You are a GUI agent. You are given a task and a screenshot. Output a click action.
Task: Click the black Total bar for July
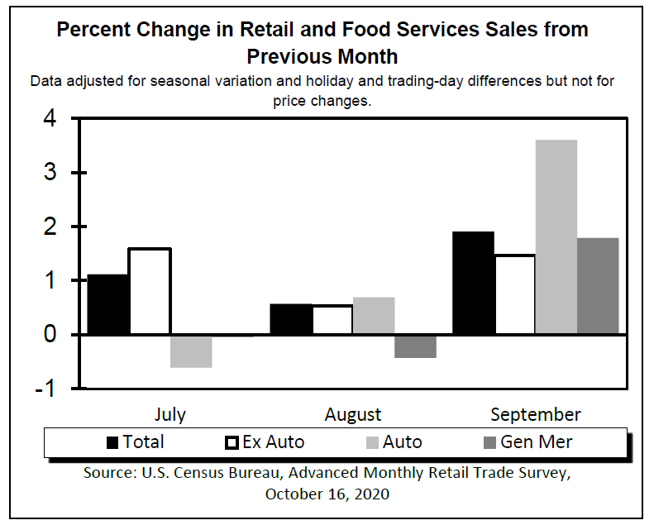pos(108,304)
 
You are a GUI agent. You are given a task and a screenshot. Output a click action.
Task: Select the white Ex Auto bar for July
pos(150,291)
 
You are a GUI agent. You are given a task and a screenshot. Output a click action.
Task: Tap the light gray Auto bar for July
pos(191,351)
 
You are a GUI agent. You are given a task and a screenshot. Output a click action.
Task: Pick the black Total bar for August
pos(291,319)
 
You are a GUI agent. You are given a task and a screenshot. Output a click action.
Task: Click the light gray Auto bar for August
pos(374,316)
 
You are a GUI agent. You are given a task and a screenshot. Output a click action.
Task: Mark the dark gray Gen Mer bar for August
pos(415,346)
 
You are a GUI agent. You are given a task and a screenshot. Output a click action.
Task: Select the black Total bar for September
pos(473,283)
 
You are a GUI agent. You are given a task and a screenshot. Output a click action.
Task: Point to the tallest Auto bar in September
pos(556,237)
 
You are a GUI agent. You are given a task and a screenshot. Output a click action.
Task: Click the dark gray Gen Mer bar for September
pos(598,286)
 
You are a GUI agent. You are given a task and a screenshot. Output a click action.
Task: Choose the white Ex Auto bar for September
pos(514,294)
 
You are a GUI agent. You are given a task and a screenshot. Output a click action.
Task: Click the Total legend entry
pos(136,442)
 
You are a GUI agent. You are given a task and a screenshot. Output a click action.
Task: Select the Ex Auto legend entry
pos(265,442)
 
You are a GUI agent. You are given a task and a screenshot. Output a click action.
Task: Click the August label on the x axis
pos(353,414)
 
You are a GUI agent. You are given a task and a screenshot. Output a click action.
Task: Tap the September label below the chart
pos(536,414)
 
